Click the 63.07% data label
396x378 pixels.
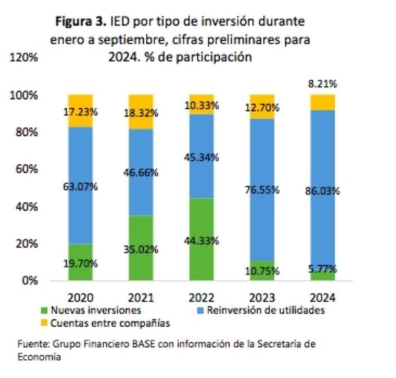click(81, 187)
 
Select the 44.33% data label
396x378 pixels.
click(201, 241)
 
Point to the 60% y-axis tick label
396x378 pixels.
click(26, 170)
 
